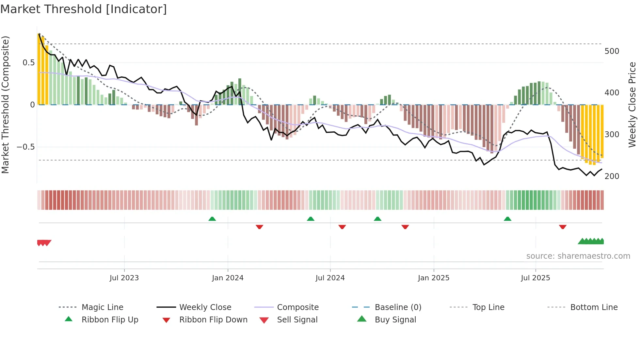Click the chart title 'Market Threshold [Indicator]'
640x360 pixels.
point(84,9)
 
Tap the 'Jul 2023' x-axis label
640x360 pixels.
point(124,278)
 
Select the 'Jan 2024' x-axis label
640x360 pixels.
point(228,278)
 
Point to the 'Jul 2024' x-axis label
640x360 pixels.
point(330,278)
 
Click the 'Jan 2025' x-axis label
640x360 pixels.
point(434,278)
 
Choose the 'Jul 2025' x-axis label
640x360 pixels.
point(536,278)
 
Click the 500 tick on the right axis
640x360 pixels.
point(612,51)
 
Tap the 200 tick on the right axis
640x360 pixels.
point(612,176)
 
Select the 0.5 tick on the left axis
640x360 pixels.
point(29,63)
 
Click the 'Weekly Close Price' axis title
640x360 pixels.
point(632,105)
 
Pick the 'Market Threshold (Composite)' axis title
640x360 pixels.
point(5,105)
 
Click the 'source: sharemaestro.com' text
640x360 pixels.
point(578,256)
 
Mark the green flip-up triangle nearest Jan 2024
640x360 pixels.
point(212,219)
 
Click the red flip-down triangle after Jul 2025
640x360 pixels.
point(563,227)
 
